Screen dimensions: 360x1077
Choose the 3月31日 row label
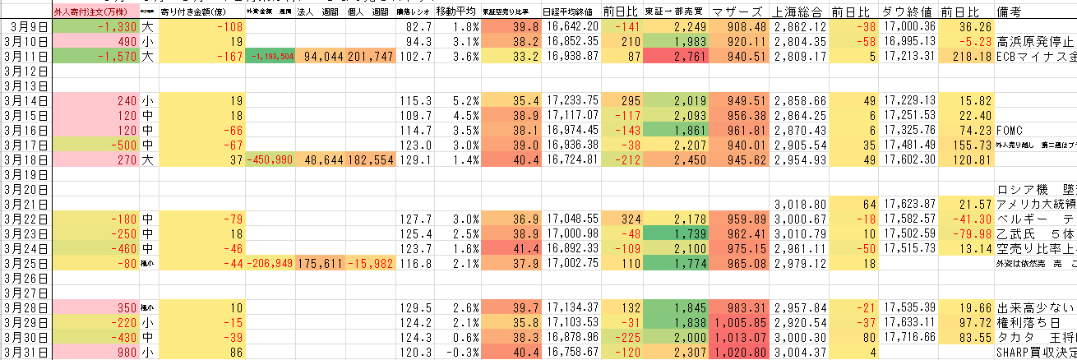tap(25, 353)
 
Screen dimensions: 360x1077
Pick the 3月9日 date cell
tap(25, 27)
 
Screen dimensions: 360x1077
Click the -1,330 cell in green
tap(94, 27)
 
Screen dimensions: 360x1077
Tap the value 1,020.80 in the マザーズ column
tap(737, 353)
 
